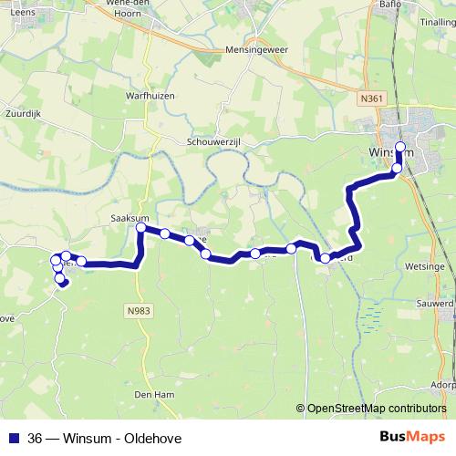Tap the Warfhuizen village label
pos(150,95)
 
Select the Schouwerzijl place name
pos(215,142)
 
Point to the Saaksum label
pos(129,218)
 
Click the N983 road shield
pos(139,311)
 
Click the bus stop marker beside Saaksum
pos(141,228)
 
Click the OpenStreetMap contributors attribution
pos(373,409)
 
